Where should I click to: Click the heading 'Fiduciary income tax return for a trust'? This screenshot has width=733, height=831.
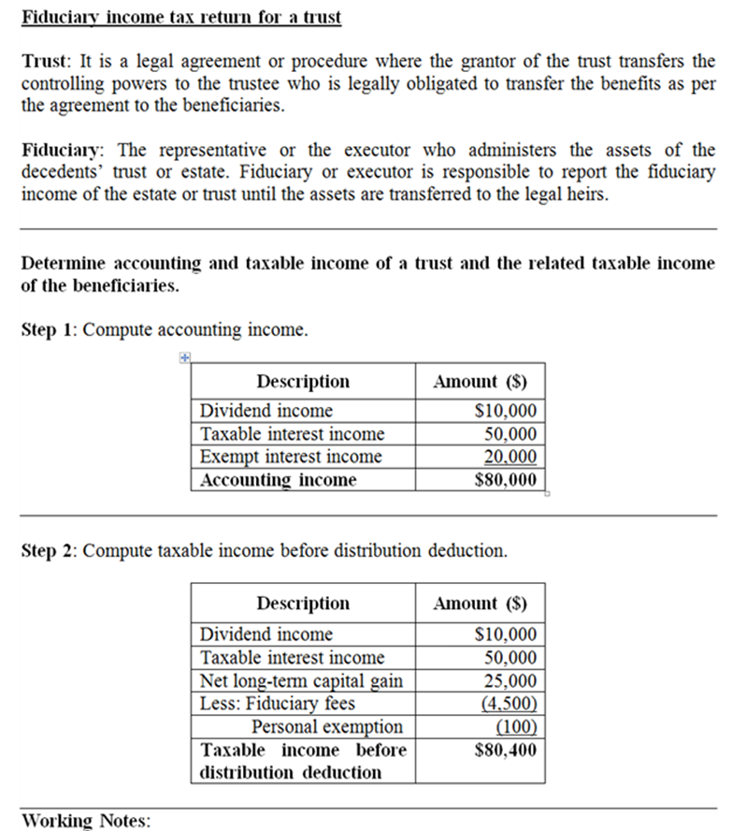pyautogui.click(x=181, y=18)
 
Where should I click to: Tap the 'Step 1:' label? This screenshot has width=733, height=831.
pyautogui.click(x=49, y=330)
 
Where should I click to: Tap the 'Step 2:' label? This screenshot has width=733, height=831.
pyautogui.click(x=49, y=551)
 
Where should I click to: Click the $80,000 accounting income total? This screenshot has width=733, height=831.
pyautogui.click(x=506, y=480)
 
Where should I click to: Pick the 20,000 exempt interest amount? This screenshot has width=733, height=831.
pyautogui.click(x=510, y=457)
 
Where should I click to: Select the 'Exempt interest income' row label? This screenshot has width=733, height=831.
pyautogui.click(x=291, y=457)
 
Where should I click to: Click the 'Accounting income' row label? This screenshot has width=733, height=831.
pyautogui.click(x=279, y=480)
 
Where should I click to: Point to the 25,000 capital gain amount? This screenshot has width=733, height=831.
pyautogui.click(x=510, y=680)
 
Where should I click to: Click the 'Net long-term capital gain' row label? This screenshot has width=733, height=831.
pyautogui.click(x=301, y=680)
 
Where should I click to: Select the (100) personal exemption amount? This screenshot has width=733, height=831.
pyautogui.click(x=516, y=726)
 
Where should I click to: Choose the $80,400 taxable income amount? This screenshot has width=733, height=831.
pyautogui.click(x=506, y=750)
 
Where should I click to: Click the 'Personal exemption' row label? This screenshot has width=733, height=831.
pyautogui.click(x=327, y=726)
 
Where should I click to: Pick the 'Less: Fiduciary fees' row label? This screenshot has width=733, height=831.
pyautogui.click(x=278, y=704)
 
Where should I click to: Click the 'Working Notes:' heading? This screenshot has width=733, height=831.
pyautogui.click(x=85, y=821)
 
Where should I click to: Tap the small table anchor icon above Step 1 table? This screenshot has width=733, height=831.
pyautogui.click(x=184, y=357)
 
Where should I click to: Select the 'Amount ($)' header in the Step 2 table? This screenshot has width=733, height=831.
pyautogui.click(x=480, y=603)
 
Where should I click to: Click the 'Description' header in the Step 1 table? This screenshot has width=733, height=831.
pyautogui.click(x=303, y=381)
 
